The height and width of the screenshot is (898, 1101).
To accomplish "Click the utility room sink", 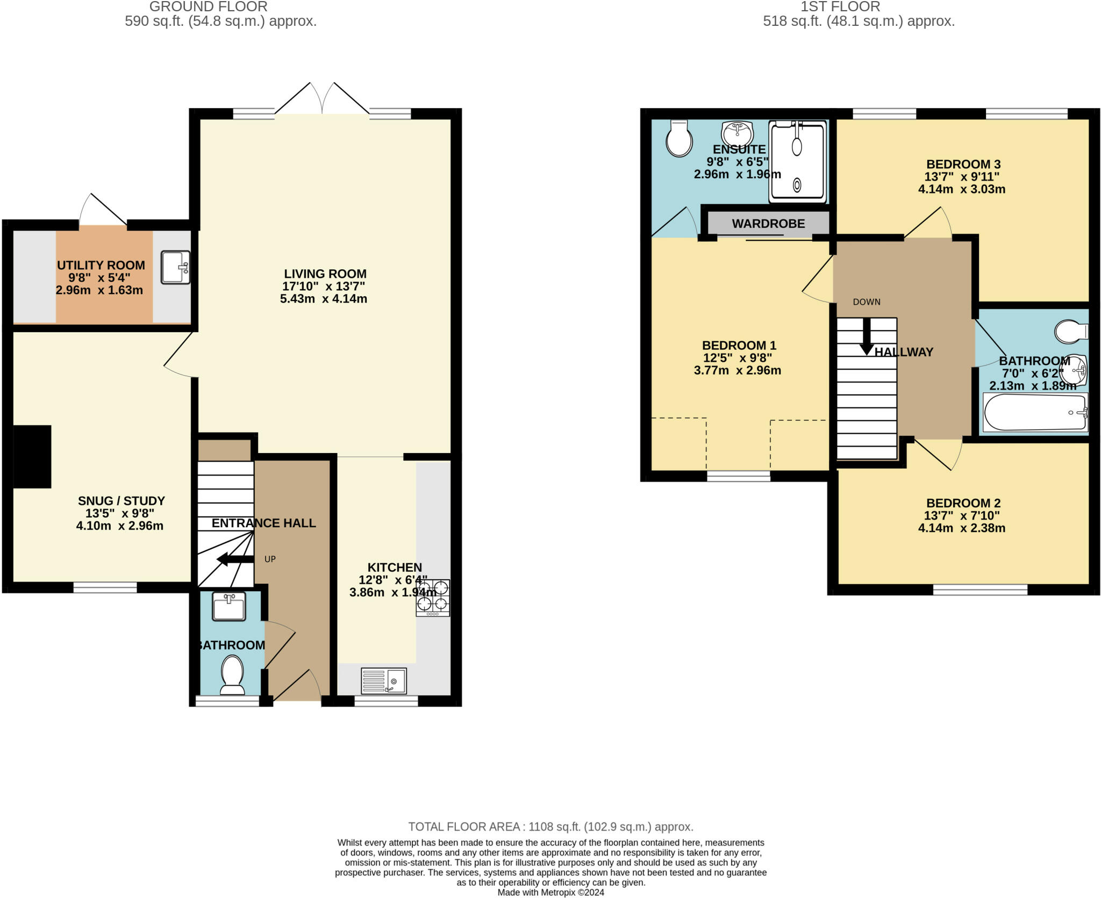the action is (x=175, y=267).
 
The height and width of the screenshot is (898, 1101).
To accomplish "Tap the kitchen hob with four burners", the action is (x=433, y=598).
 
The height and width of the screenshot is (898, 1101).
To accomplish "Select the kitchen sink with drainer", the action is (x=384, y=681).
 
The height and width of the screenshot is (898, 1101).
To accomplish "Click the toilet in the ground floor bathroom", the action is (x=232, y=675).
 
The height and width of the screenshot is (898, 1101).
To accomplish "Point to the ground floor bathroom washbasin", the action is (x=229, y=607).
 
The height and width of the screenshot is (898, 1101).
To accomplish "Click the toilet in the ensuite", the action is (x=678, y=138).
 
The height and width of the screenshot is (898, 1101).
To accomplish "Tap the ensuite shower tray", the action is (x=798, y=162).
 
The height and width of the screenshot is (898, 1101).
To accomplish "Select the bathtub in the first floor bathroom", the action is (x=1035, y=412).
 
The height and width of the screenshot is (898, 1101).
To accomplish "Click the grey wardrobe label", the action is (x=768, y=224).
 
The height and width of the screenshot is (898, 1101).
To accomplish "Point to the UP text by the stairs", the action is (x=270, y=559).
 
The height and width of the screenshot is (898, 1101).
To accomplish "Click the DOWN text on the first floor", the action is (x=867, y=302).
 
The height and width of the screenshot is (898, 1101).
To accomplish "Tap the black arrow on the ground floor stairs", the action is (x=235, y=560).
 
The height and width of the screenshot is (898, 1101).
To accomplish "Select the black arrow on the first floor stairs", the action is (x=867, y=336).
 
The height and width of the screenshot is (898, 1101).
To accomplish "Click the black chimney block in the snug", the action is (x=32, y=457).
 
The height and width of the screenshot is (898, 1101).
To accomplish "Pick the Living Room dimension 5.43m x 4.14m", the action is (x=324, y=299).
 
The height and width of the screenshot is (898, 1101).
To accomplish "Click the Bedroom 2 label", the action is (x=963, y=503).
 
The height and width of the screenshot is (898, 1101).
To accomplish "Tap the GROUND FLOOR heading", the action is (x=209, y=7).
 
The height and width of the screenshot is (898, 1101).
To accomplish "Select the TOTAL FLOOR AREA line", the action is (x=551, y=827).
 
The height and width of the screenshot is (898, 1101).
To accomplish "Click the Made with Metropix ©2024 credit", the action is (x=550, y=892).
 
